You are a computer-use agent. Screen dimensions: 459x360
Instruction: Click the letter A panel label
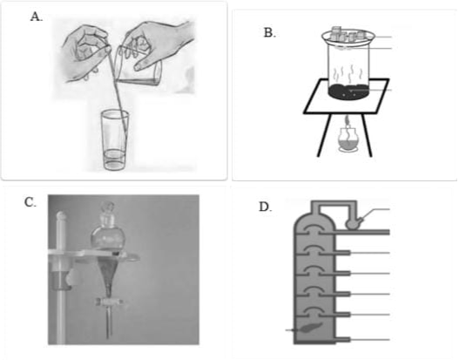[37, 17]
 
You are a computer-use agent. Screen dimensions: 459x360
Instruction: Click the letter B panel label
[269, 33]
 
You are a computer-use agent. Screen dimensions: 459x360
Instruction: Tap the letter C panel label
[30, 202]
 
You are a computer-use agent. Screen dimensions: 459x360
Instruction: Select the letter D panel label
[266, 207]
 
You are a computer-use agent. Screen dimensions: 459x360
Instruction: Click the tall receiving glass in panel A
[115, 140]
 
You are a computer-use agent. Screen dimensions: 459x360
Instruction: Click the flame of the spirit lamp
[348, 120]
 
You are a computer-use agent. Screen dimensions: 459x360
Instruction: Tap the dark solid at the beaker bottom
[348, 92]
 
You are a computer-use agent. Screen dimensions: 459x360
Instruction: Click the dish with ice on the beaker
[348, 37]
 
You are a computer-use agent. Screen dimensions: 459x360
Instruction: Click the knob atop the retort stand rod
[60, 216]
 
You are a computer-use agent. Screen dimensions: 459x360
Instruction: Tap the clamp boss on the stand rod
[62, 280]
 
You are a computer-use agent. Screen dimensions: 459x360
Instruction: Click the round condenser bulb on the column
[354, 224]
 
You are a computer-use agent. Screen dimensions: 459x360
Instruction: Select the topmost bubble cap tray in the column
[314, 230]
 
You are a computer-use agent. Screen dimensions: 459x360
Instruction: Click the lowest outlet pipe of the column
[342, 340]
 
